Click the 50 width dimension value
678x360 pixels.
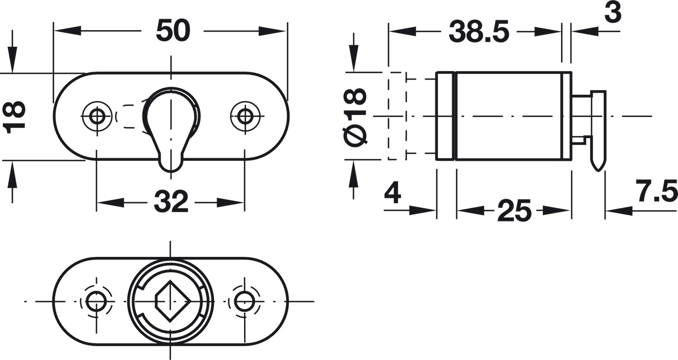click(173, 32)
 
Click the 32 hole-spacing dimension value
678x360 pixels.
click(171, 202)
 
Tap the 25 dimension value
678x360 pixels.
click(514, 212)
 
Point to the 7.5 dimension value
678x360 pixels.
click(656, 192)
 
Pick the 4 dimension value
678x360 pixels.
click(393, 193)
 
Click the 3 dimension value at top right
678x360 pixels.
click(612, 13)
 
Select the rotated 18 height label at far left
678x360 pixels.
click(15, 117)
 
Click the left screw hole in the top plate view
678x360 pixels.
click(97, 116)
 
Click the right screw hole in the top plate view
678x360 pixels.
click(245, 116)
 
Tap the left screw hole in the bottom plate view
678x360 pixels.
click(96, 301)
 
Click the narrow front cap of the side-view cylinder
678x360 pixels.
click(445, 116)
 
